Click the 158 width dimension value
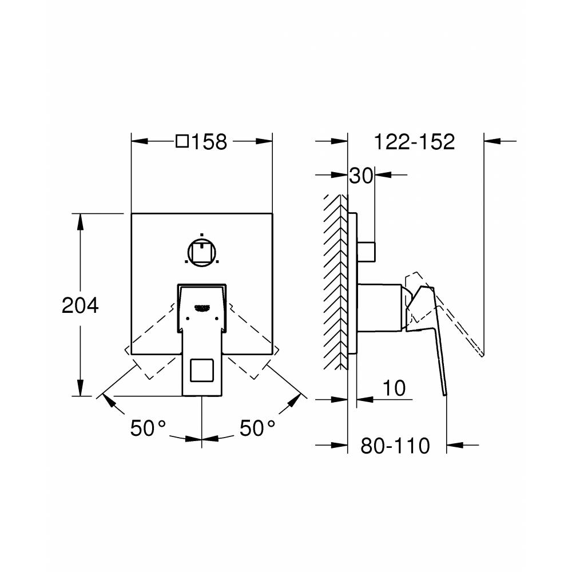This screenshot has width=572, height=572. click(x=210, y=141)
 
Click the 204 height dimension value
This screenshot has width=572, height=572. click(x=80, y=305)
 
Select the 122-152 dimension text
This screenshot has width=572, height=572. click(x=414, y=141)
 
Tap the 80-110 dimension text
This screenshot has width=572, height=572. click(x=395, y=445)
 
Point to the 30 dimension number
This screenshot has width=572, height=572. click(x=361, y=176)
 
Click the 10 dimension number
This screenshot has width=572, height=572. click(x=394, y=388)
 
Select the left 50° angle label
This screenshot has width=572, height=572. click(x=148, y=427)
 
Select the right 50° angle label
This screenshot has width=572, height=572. click(x=257, y=427)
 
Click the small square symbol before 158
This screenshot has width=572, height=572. click(x=182, y=141)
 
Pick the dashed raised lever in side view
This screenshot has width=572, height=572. click(x=458, y=320)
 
